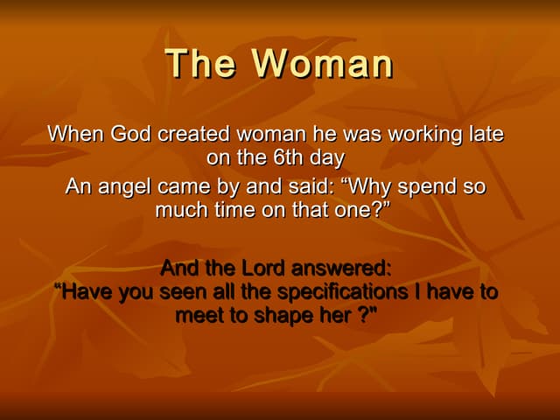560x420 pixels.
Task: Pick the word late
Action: (x=488, y=135)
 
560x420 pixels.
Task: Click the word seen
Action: (x=183, y=291)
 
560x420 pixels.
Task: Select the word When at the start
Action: (x=77, y=135)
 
